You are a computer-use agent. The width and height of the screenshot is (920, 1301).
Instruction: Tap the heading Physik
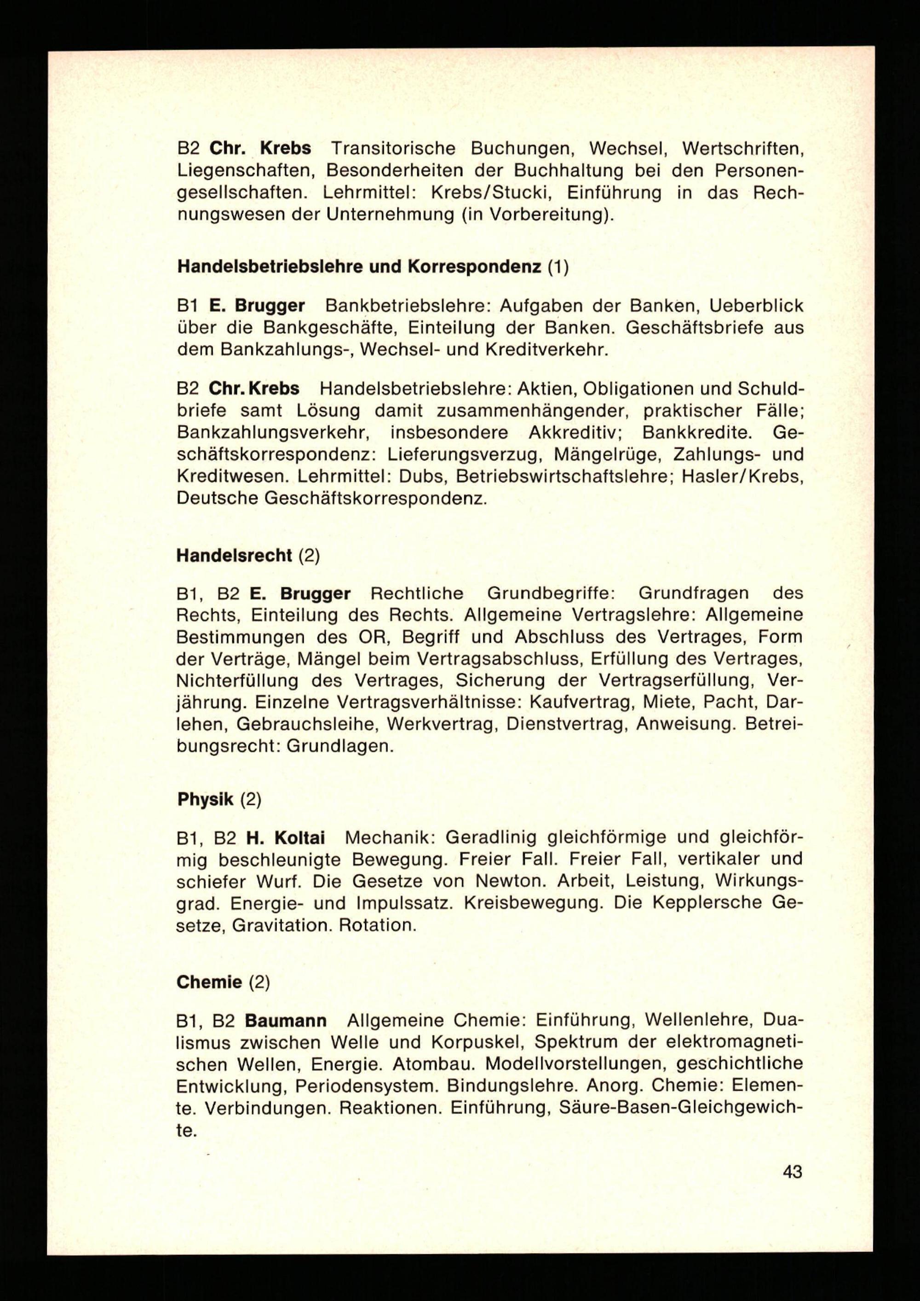[205, 799]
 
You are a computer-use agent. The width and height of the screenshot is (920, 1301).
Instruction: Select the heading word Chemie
[208, 982]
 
